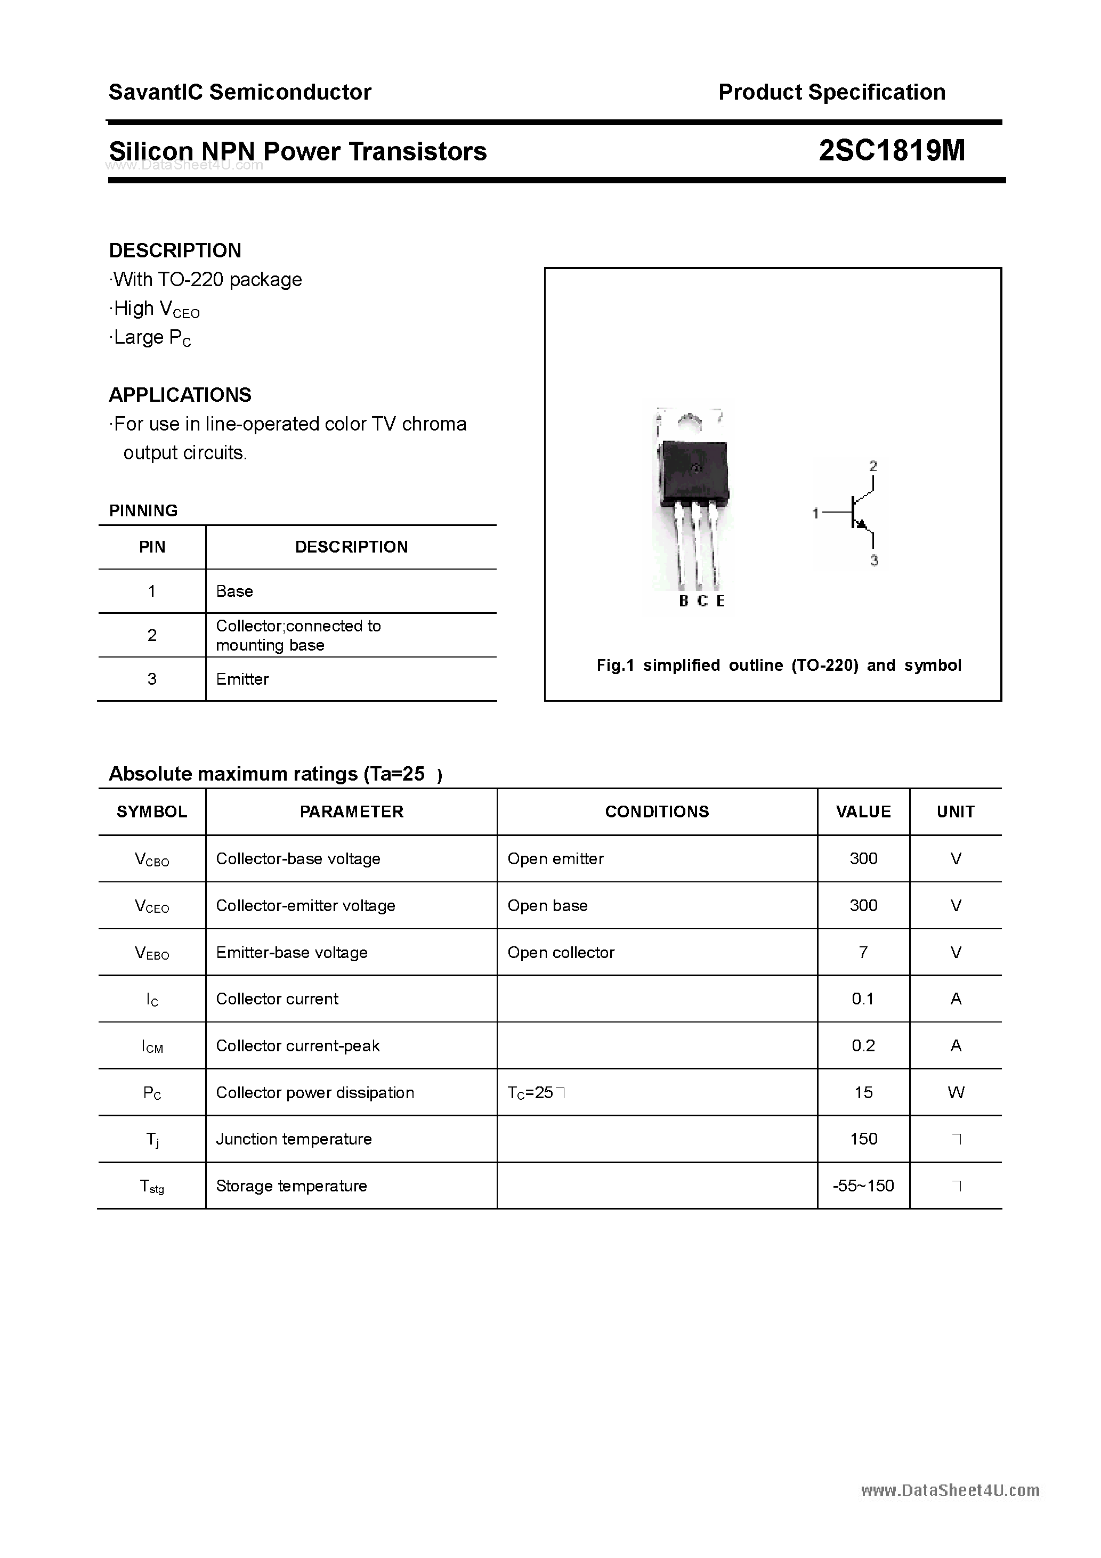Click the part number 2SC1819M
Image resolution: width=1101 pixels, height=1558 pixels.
891,151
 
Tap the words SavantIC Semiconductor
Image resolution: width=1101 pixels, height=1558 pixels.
240,92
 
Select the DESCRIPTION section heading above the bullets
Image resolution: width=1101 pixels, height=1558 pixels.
175,250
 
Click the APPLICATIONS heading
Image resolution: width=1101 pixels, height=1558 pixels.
180,395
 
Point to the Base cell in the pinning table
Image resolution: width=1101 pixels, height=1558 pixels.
234,591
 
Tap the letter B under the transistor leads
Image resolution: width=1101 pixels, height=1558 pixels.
684,601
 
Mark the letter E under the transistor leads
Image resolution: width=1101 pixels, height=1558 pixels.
720,601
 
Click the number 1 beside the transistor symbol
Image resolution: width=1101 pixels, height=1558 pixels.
815,514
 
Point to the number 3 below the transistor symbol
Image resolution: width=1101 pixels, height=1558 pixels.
873,561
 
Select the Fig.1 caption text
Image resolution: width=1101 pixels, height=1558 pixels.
779,665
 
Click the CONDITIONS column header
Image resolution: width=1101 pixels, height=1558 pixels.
657,812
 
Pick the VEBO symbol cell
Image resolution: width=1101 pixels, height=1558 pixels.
152,953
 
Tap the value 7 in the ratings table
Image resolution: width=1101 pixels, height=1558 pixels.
863,952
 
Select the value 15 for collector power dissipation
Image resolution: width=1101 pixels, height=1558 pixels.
863,1092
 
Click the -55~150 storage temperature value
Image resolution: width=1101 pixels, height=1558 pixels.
863,1186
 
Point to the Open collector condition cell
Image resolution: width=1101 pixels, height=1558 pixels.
561,952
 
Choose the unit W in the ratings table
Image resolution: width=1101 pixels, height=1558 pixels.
955,1092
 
